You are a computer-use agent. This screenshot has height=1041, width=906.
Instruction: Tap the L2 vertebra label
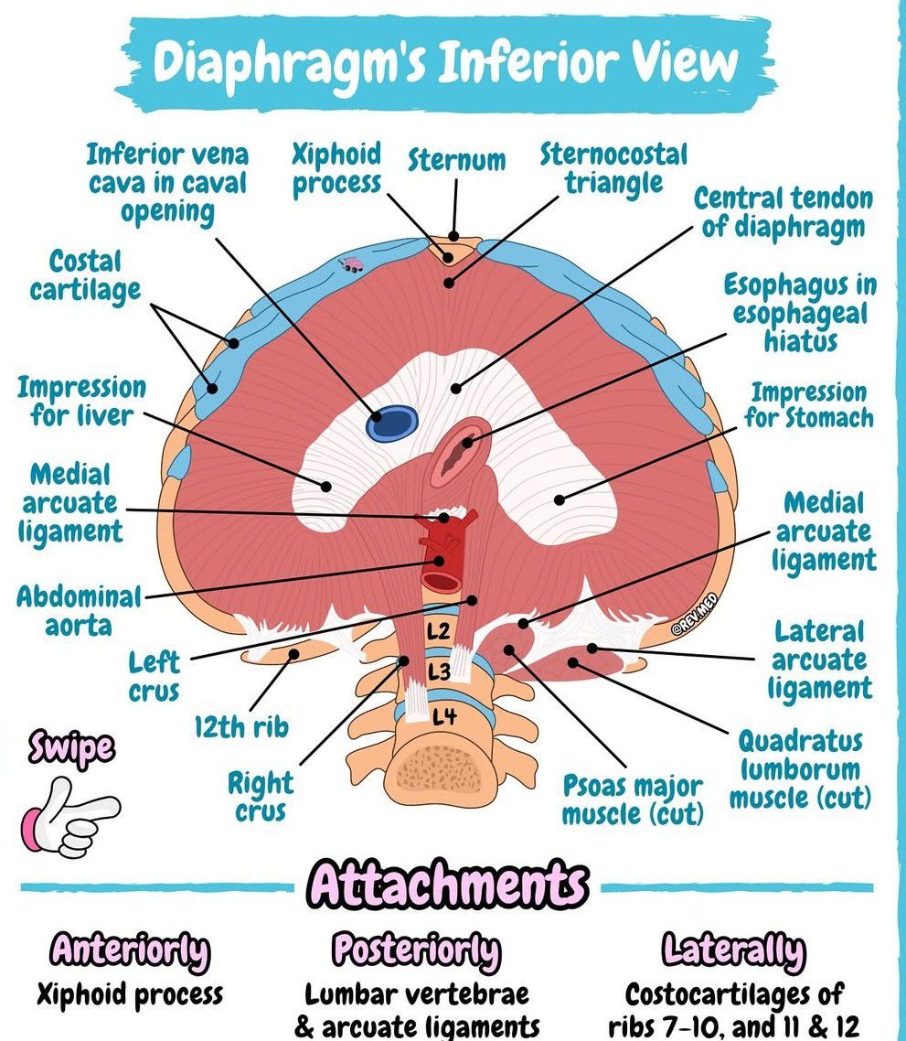[x=438, y=631]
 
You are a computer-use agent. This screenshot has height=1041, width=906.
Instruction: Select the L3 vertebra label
[x=440, y=672]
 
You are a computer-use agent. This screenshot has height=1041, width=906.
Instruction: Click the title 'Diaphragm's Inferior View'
[x=445, y=62]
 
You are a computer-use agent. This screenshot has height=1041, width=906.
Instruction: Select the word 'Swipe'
[x=72, y=748]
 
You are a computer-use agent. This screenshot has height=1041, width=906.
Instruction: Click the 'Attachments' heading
[x=447, y=885]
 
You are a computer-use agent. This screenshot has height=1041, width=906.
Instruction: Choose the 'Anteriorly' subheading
[x=130, y=951]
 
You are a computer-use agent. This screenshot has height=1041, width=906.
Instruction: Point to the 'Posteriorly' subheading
[x=416, y=951]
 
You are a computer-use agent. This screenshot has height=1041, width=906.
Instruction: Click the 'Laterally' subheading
[x=734, y=951]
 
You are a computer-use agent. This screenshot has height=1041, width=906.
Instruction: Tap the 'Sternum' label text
[x=457, y=161]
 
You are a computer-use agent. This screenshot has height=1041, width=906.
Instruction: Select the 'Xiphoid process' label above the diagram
[x=336, y=168]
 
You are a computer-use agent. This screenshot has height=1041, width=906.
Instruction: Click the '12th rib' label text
[x=241, y=728]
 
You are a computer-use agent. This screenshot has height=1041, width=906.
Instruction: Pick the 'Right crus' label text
[x=261, y=797]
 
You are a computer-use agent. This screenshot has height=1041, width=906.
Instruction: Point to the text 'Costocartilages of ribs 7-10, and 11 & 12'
[x=734, y=1008]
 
